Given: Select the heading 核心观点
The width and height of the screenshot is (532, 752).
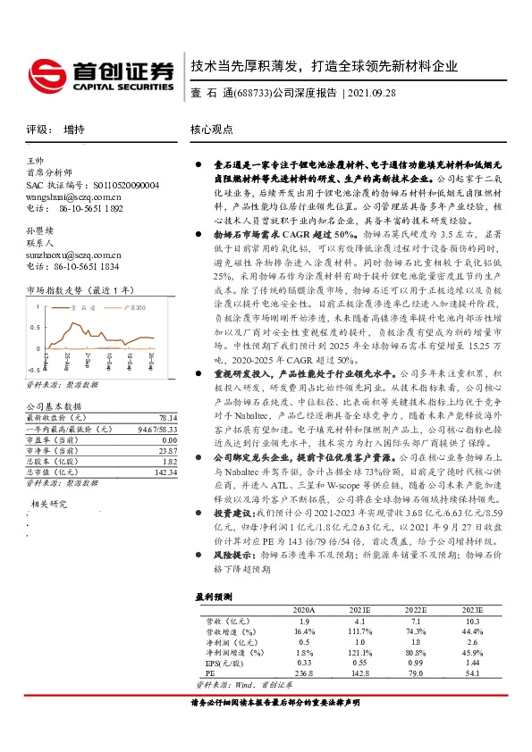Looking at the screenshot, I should click(x=213, y=130).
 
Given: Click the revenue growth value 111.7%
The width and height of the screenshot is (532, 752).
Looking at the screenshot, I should click(x=359, y=631).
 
